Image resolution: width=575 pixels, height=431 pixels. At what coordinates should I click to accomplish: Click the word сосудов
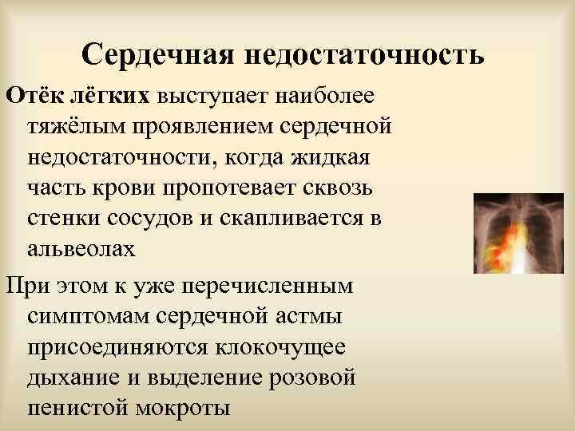tap(149, 218)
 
